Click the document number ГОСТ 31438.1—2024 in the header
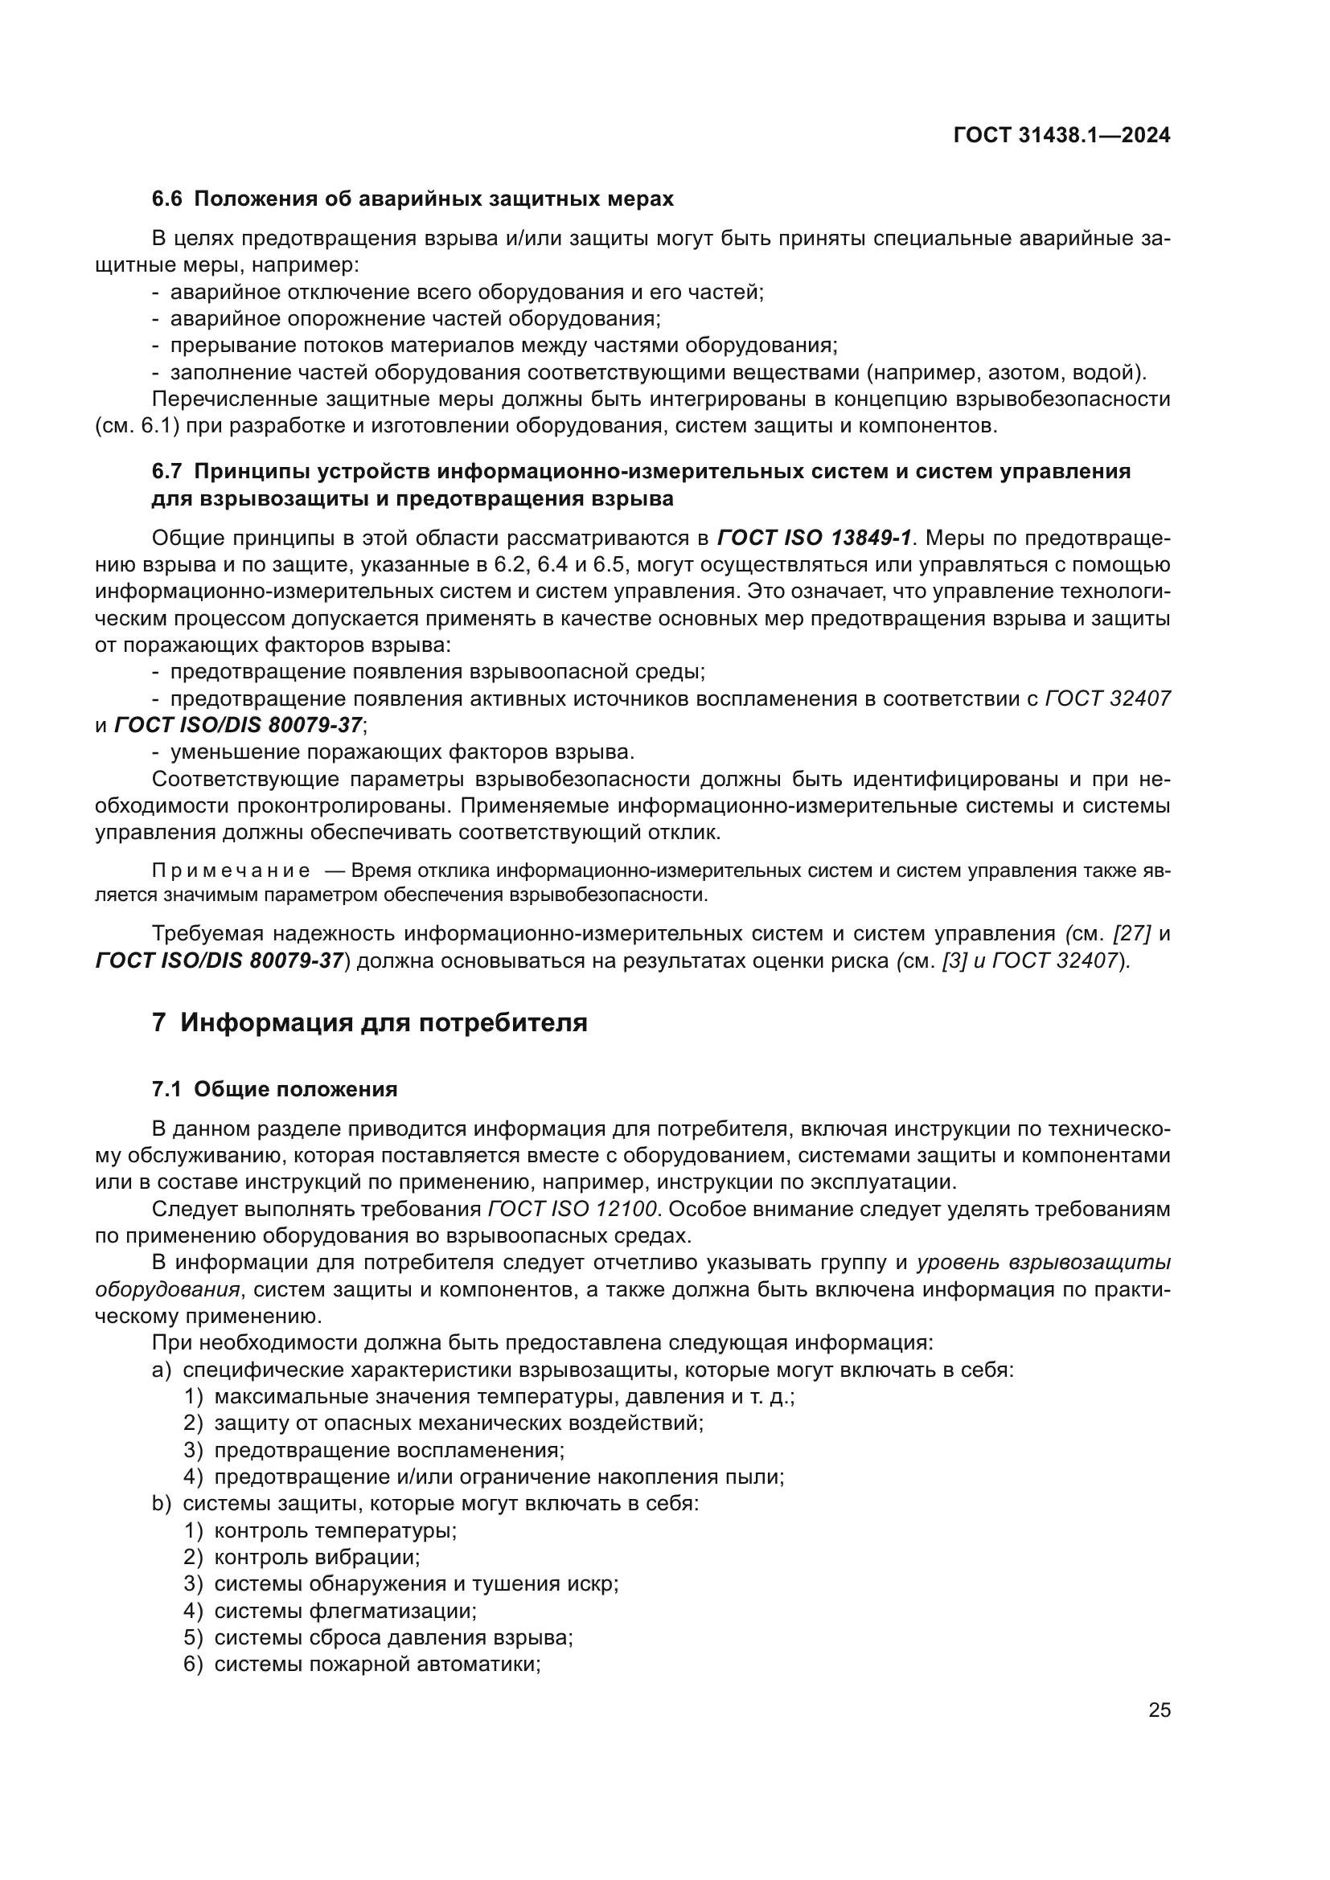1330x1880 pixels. (x=1061, y=135)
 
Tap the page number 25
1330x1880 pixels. (x=1159, y=1710)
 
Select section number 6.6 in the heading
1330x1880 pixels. (x=168, y=199)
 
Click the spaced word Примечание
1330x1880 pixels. (x=231, y=870)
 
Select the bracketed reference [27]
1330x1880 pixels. (x=1132, y=933)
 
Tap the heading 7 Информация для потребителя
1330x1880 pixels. (x=370, y=1022)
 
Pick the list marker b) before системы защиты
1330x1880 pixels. (x=162, y=1504)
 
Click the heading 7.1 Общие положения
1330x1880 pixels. (x=275, y=1090)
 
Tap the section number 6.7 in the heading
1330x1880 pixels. (x=168, y=472)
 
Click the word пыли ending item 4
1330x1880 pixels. (x=763, y=1477)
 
